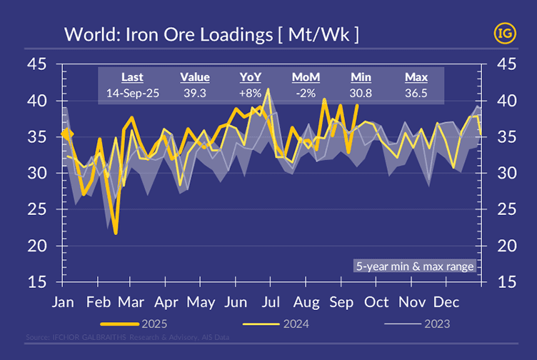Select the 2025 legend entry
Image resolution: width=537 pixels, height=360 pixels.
click(x=149, y=324)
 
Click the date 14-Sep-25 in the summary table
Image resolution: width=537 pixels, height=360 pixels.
click(x=132, y=93)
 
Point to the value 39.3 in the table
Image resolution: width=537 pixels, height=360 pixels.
click(x=194, y=93)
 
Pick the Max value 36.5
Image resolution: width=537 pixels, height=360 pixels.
click(x=416, y=93)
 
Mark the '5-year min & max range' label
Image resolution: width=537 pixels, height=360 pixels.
click(x=415, y=266)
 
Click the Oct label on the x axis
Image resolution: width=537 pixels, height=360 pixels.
click(x=376, y=301)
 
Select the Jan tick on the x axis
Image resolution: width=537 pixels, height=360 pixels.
click(x=64, y=301)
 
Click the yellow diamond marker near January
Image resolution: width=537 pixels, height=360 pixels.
click(x=67, y=134)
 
